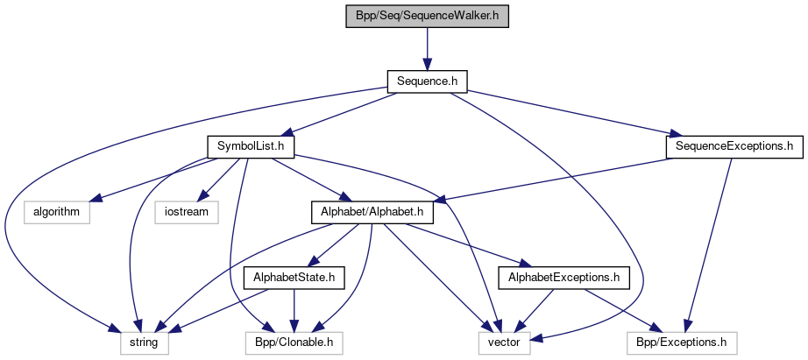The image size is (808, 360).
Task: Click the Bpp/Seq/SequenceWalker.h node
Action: [427, 16]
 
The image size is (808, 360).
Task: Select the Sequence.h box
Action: [427, 81]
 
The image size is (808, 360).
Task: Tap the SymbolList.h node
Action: [250, 146]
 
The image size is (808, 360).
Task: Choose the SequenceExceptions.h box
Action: [734, 146]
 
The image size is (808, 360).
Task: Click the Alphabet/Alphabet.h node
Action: [371, 212]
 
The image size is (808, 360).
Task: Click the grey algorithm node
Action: [57, 212]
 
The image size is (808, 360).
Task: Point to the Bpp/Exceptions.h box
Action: [683, 342]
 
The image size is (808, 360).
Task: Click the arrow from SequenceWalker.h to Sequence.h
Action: [427, 48]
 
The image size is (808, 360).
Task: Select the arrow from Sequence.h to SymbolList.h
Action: [341, 113]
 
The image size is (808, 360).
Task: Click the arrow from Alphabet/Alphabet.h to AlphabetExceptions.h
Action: [464, 244]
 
